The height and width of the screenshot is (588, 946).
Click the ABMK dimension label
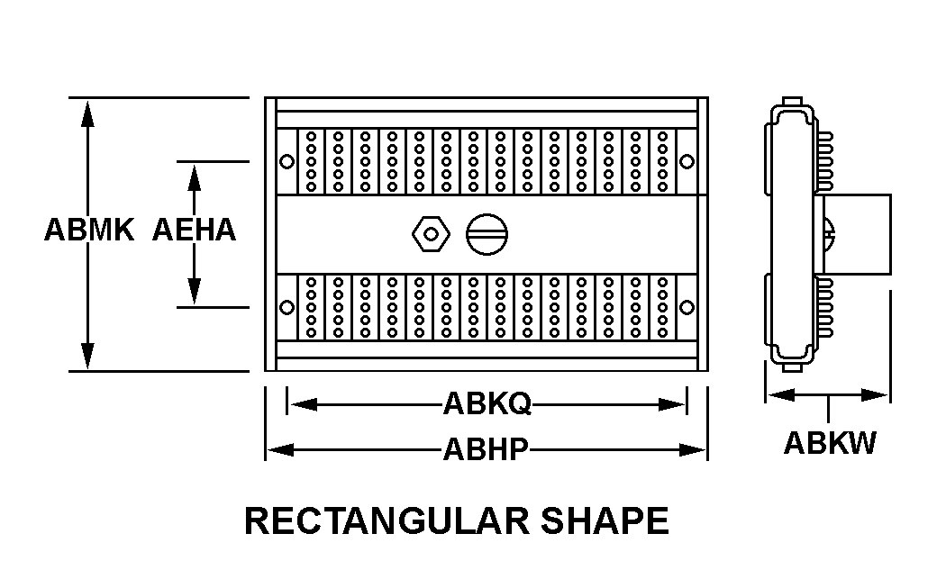tap(88, 231)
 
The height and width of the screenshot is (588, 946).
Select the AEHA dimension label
tap(194, 231)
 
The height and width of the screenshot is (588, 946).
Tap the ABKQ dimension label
tap(487, 404)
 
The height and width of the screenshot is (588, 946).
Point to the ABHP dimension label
tap(486, 448)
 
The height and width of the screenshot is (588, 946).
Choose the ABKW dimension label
tap(829, 443)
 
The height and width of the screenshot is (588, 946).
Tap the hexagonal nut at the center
tap(429, 234)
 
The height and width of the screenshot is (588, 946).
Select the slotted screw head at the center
tap(487, 234)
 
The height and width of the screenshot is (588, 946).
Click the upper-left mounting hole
tap(287, 162)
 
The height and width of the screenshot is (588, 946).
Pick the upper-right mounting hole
tap(687, 162)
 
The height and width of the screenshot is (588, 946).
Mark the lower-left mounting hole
tap(287, 307)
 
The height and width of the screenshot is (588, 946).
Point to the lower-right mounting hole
tap(687, 307)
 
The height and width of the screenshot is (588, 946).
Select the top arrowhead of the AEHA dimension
tap(193, 175)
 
